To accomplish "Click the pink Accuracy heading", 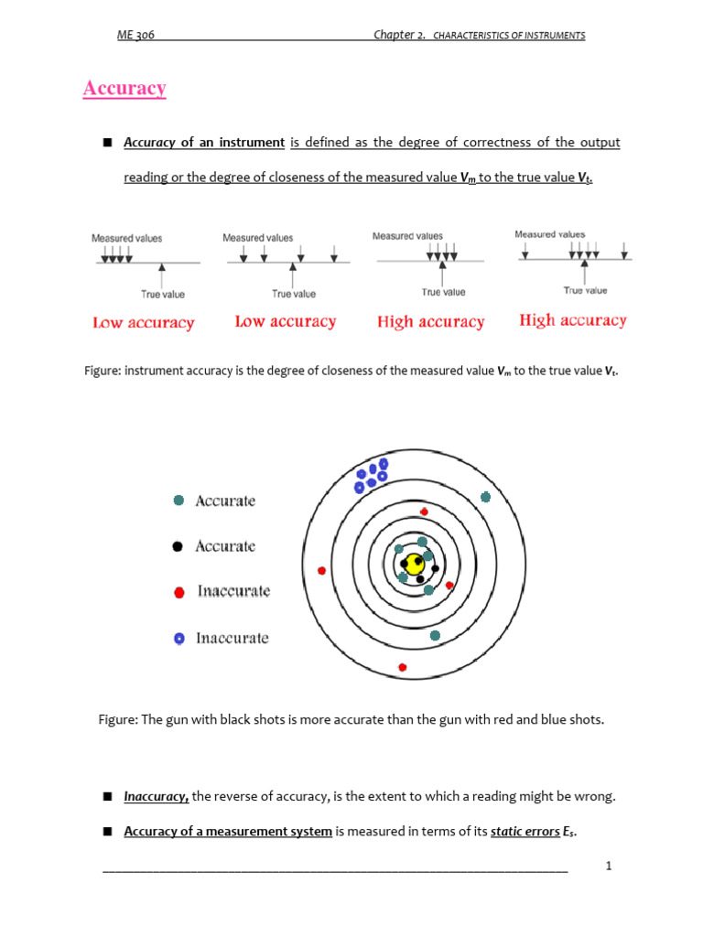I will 124,89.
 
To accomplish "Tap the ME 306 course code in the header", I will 135,35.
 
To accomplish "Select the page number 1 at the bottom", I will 608,866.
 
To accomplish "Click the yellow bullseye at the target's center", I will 416,561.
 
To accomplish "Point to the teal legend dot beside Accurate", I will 178,501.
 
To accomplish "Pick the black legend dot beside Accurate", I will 178,546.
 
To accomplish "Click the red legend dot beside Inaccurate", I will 179,592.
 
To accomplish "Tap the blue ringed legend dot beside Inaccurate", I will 179,638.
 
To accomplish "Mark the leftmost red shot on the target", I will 321,570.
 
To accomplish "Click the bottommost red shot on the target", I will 402,667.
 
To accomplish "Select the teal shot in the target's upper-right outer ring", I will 485,497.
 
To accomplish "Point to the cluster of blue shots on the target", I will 372,475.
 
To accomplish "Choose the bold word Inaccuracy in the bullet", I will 156,797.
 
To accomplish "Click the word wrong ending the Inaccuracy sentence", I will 596,797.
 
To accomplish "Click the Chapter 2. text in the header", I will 399,35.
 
